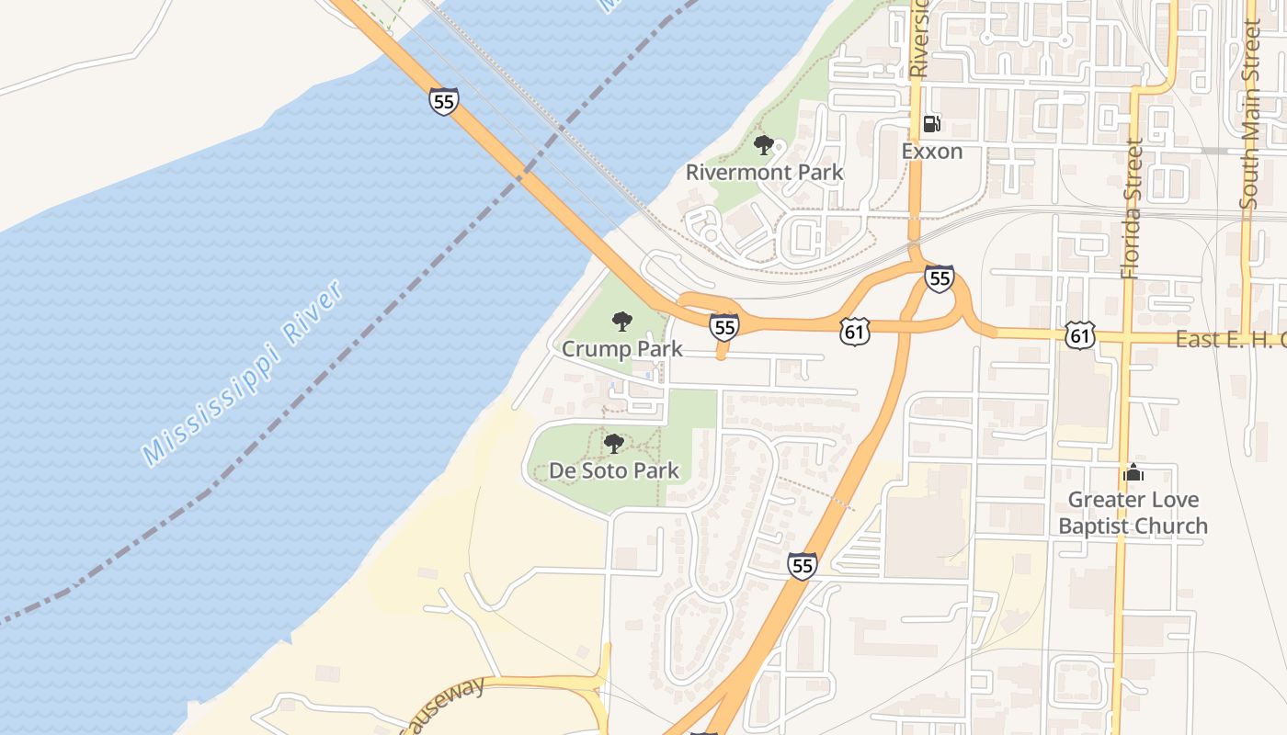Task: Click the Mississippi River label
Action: (244, 371)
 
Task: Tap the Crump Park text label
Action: (622, 349)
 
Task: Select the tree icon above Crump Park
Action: (622, 322)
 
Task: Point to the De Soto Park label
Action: (614, 470)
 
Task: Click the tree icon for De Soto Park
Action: (613, 444)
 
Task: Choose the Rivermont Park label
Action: (764, 172)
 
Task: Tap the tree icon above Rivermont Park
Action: (763, 145)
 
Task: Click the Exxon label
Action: (931, 151)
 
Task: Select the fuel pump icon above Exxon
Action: (931, 124)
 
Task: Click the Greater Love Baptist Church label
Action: (1133, 513)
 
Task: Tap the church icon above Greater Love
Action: (1133, 473)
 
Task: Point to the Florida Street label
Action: (1131, 209)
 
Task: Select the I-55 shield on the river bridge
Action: (443, 101)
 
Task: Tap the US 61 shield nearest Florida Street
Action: (1080, 336)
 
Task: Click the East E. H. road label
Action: (1230, 339)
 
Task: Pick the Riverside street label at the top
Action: (918, 39)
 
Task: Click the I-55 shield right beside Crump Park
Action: (723, 326)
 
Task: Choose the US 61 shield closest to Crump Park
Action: (854, 333)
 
